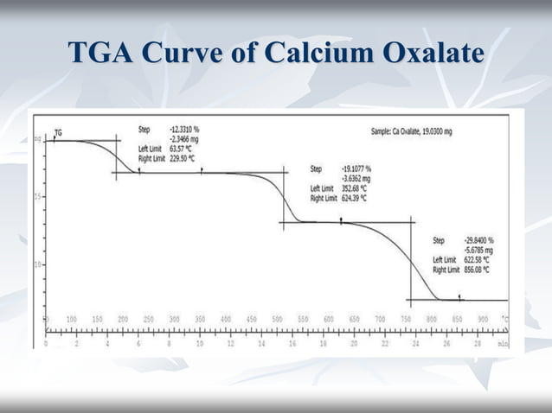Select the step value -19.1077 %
point(357,169)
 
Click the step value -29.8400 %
point(476,240)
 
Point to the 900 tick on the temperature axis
point(482,319)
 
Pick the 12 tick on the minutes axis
point(230,342)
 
